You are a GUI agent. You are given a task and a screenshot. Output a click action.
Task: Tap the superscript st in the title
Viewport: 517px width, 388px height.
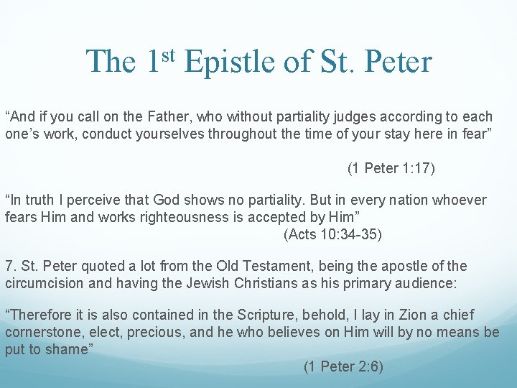(167, 55)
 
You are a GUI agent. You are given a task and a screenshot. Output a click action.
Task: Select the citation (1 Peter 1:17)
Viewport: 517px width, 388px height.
(391, 168)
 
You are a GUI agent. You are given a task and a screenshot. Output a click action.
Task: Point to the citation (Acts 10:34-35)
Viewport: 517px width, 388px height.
(332, 234)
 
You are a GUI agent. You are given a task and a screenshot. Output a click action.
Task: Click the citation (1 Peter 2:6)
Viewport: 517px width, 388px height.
(343, 366)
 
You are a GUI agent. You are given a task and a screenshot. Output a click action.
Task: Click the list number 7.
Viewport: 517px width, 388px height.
(9, 266)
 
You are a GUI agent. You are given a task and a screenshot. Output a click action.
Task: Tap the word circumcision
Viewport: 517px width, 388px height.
(42, 283)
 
